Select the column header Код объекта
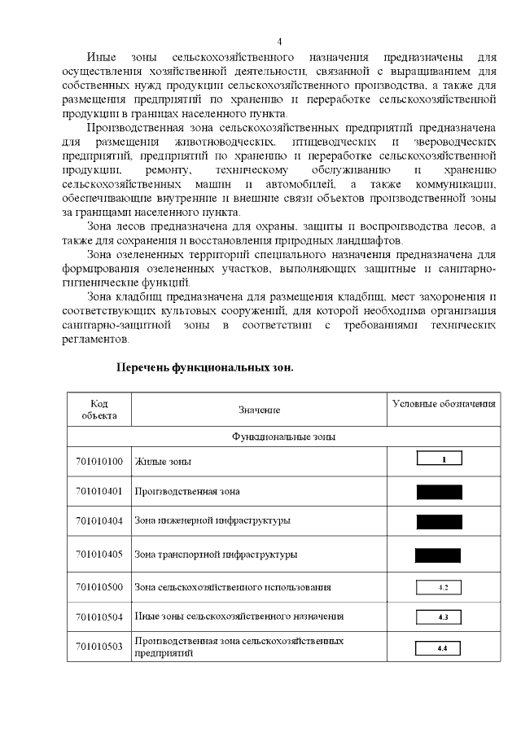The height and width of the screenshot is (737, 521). (x=99, y=410)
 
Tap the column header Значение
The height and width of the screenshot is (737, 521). (x=259, y=410)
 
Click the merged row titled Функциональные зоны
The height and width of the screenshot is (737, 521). (x=284, y=437)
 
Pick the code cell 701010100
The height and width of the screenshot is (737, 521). (x=99, y=462)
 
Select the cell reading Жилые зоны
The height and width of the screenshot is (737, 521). (x=164, y=462)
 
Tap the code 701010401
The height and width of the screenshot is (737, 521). (x=99, y=491)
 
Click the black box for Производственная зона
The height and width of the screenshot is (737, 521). (x=439, y=492)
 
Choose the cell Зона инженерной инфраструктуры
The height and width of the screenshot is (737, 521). (x=212, y=520)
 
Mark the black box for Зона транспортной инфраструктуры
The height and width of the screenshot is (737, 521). (x=438, y=555)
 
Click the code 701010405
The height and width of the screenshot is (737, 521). (x=99, y=555)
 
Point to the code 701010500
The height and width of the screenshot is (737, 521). (x=99, y=587)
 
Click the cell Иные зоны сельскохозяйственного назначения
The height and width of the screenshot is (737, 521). (x=239, y=616)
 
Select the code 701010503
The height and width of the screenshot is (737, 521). (x=99, y=647)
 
